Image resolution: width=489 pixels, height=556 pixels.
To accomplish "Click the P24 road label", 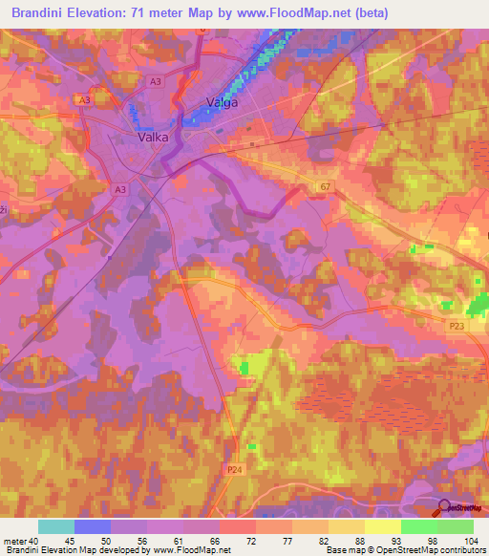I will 235,469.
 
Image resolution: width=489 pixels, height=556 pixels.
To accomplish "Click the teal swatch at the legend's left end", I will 55,526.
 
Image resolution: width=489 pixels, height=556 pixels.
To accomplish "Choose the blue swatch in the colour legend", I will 92,526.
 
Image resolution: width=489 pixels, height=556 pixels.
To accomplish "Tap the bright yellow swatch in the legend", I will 382,526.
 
